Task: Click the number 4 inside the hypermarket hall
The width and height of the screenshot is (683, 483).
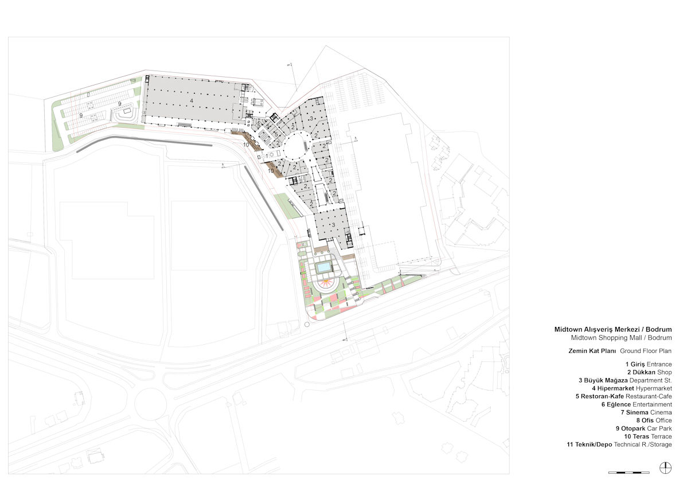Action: (x=191, y=100)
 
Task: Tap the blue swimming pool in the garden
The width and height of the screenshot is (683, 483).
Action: (x=323, y=267)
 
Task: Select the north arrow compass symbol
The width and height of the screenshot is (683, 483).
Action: (x=666, y=468)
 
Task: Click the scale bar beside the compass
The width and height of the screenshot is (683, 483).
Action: (x=629, y=473)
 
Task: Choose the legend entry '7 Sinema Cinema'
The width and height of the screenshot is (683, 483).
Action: (x=646, y=412)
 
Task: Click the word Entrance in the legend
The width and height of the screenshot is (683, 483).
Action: (x=659, y=364)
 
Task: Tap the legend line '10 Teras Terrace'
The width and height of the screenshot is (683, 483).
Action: (x=648, y=437)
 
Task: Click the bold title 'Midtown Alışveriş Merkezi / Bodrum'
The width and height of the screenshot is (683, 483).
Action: (x=613, y=330)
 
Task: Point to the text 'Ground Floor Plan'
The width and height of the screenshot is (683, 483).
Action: (x=646, y=351)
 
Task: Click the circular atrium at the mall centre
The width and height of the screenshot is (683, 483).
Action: (x=298, y=147)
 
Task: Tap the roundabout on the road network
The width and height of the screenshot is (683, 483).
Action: (x=150, y=403)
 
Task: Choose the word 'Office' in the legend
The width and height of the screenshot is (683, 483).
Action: (x=664, y=420)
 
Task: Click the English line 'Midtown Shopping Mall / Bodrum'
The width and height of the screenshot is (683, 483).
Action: (x=622, y=338)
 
